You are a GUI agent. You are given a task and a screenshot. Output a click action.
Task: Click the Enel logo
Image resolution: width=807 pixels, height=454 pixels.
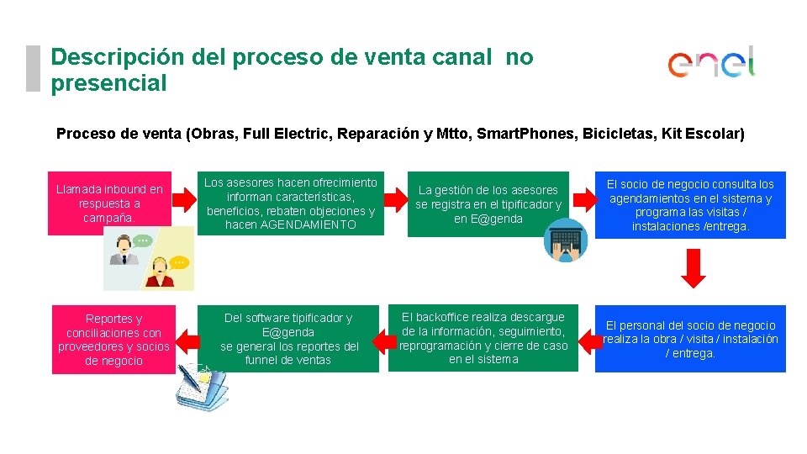coord(711,63)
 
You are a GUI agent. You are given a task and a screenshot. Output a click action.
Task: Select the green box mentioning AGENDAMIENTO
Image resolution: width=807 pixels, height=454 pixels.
coord(291,204)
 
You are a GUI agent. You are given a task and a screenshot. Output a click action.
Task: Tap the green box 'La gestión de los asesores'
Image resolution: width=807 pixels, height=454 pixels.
coord(488,204)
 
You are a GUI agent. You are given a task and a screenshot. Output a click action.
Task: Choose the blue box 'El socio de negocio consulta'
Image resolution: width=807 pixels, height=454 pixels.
coord(690,204)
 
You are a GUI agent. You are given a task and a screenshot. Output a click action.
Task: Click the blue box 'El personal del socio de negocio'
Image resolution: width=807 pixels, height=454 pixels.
coord(690,339)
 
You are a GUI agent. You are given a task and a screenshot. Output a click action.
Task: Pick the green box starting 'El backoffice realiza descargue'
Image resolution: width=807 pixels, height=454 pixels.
coord(483,338)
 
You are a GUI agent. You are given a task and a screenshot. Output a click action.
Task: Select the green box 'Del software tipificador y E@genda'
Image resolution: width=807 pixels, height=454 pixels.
coord(288,339)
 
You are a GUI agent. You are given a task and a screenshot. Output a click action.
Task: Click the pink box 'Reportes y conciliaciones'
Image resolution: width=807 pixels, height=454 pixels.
coord(113,340)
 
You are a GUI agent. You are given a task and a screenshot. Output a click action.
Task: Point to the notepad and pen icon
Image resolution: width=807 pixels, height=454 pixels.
coord(201,387)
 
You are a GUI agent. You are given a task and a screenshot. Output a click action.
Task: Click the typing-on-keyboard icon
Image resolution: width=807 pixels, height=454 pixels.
coord(564,240)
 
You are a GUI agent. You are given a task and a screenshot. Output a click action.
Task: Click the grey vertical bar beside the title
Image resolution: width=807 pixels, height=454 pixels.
coord(33,68)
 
